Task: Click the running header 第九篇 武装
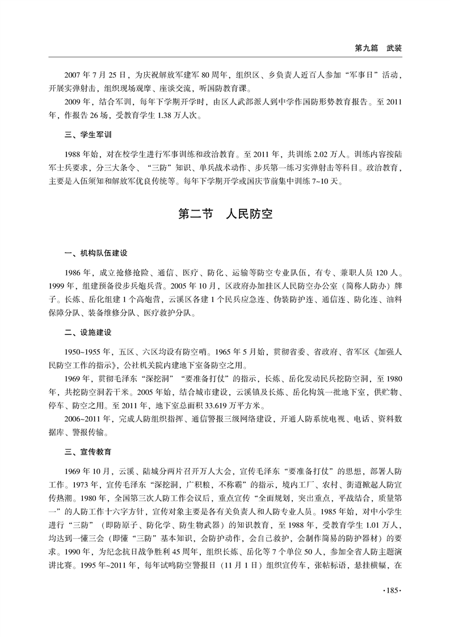click(x=378, y=49)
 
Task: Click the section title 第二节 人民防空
click(x=225, y=214)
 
